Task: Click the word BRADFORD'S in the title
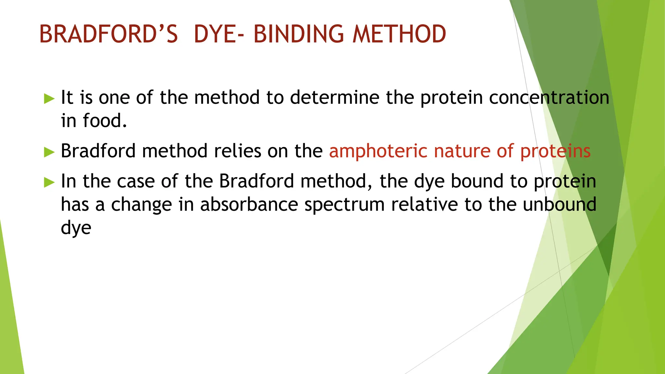(x=108, y=34)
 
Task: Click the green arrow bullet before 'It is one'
(x=49, y=98)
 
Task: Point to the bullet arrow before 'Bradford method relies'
(x=49, y=152)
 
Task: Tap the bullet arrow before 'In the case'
(x=49, y=182)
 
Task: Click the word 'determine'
(x=334, y=97)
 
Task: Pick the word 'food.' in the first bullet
(x=105, y=121)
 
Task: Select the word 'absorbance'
(x=249, y=205)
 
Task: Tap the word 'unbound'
(x=559, y=205)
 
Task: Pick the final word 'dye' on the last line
(x=76, y=228)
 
